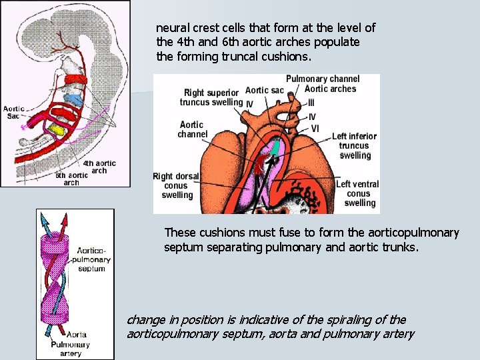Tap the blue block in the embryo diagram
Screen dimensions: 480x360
[75, 100]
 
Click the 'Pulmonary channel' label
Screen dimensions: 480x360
[323, 79]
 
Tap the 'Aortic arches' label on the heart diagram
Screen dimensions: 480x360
[330, 89]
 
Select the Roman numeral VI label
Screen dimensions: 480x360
[315, 129]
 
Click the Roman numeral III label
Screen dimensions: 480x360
[311, 103]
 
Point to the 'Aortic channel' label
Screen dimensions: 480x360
[192, 129]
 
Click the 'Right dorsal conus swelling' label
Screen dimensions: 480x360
[175, 186]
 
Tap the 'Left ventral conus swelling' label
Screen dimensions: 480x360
[357, 193]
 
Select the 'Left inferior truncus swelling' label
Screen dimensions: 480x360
[354, 145]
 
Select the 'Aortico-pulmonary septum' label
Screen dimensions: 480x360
[91, 259]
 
